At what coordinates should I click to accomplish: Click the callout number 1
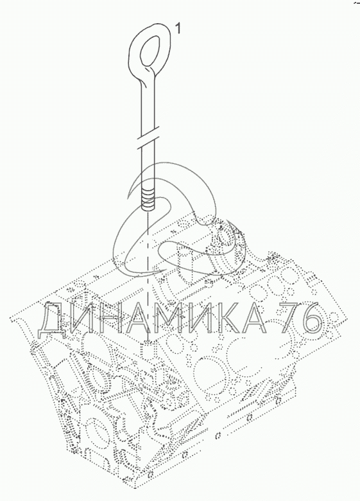[x=178, y=30]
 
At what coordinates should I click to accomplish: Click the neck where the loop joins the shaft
[x=148, y=76]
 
